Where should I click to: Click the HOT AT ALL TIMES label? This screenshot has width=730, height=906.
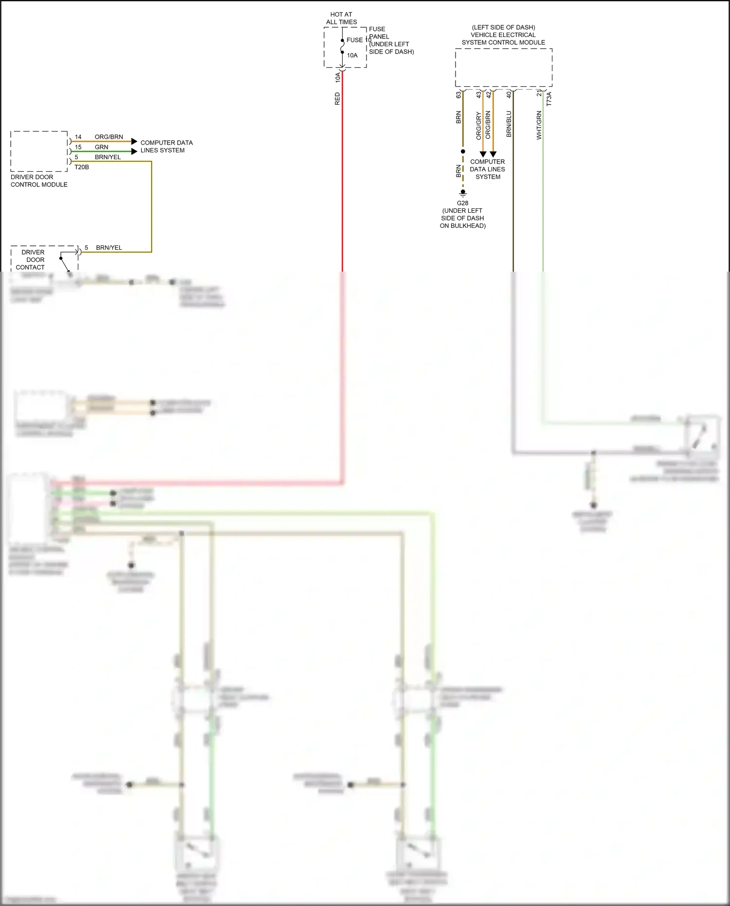coord(341,18)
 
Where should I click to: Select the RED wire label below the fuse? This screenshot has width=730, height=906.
coord(337,99)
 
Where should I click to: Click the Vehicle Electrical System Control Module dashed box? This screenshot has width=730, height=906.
coord(503,68)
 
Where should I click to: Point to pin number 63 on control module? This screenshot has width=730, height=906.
coord(458,95)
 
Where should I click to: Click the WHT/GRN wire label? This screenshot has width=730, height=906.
coord(539,125)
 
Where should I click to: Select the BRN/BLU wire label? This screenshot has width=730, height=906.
coord(509,124)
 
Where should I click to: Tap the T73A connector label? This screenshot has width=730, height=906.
coord(549,99)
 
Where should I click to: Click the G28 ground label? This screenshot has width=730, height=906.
coord(462,203)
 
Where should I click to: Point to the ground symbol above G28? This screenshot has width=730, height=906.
coord(463,193)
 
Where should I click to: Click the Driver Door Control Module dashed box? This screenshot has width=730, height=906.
coord(39,151)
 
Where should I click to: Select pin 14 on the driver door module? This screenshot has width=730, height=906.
coord(78,137)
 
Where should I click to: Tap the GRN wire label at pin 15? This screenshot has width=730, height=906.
coord(101,147)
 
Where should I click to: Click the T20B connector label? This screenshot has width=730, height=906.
coord(81,167)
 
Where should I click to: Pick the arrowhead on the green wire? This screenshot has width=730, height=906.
coord(134,151)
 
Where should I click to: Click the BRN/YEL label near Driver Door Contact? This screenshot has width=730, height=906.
coord(109,247)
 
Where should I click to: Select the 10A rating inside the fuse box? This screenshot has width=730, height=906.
coord(352,55)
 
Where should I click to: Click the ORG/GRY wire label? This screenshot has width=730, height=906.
coord(478,126)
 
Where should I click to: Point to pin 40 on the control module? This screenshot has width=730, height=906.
coord(509,94)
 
